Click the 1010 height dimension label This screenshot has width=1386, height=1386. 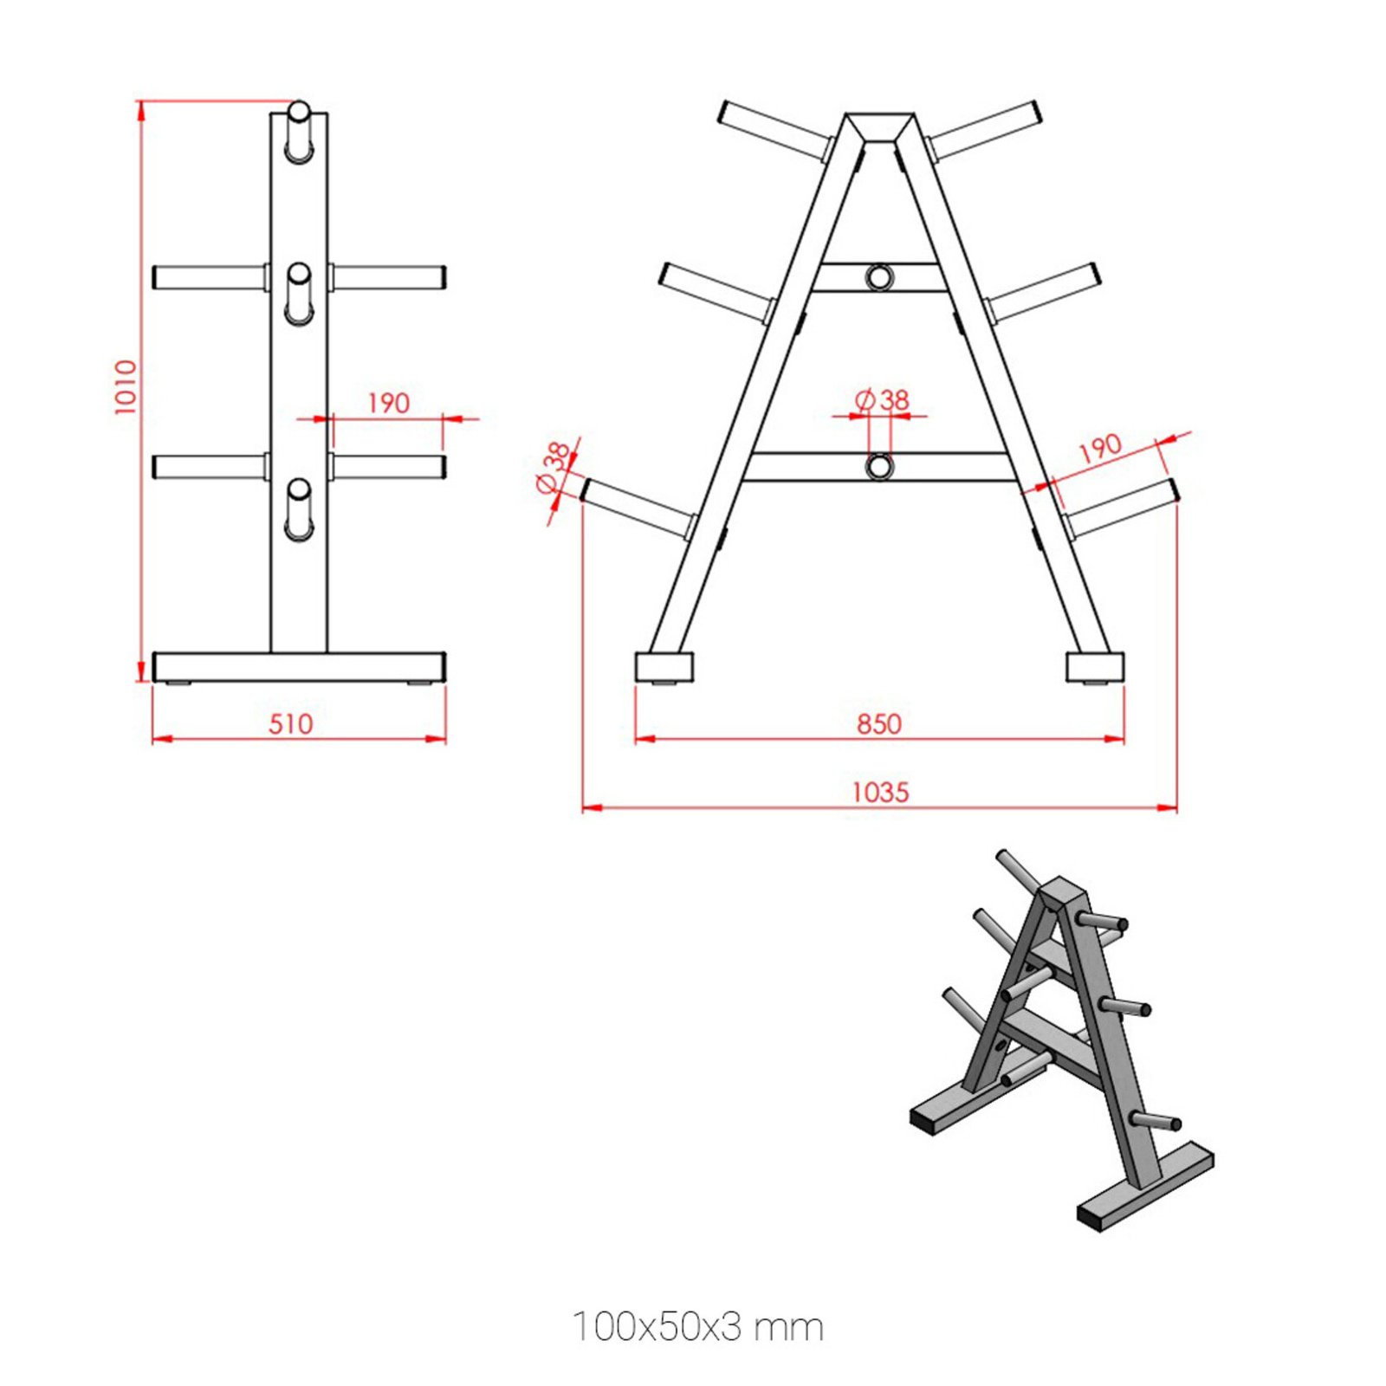pos(126,387)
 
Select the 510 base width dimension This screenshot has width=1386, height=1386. pos(290,723)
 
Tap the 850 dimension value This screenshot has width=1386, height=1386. pos(879,723)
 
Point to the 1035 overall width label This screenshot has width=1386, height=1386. pos(880,792)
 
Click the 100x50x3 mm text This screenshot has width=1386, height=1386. pos(698,1326)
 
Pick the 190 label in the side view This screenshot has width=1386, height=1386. pos(388,403)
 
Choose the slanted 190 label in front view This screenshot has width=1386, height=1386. pos(1099,448)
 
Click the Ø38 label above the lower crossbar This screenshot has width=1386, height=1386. pos(882,399)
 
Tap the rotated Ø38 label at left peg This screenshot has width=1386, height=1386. pos(555,468)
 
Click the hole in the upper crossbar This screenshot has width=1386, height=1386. pos(879,277)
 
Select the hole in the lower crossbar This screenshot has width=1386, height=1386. pos(879,466)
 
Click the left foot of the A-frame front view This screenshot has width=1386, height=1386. pos(664,667)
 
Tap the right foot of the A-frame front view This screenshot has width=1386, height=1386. pos(1095,667)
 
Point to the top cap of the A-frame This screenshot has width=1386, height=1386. pos(879,126)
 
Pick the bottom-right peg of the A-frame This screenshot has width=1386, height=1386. pos(1122,509)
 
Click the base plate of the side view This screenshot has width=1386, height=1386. pos(299,667)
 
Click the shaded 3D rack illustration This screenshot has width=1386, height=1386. pos(1062,1039)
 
